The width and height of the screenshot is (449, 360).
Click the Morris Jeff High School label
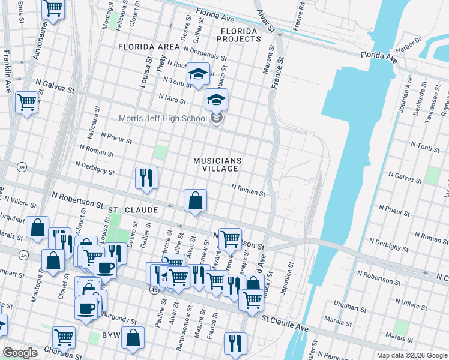163,118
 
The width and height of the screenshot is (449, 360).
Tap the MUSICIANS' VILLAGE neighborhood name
218,164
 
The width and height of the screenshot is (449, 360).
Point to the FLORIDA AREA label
149,47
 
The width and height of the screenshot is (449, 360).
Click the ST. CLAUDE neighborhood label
133,210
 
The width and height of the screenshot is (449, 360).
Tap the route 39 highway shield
22,166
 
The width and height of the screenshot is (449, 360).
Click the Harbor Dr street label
409,45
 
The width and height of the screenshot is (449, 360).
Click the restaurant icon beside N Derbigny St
146,178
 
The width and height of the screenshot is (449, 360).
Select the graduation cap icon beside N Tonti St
197,74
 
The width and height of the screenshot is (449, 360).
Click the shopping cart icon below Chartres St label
64,337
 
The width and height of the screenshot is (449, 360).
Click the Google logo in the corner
20,352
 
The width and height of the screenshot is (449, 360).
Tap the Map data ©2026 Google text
411,355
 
